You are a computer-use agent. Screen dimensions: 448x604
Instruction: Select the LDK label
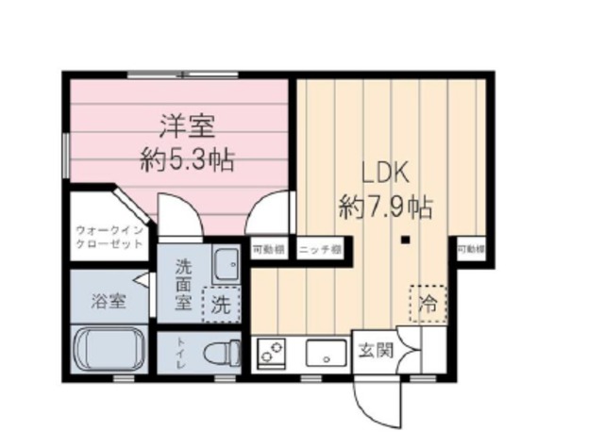385,175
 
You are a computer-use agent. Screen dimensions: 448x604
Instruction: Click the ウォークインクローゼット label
109,236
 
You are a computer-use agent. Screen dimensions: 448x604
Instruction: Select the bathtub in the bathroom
109,350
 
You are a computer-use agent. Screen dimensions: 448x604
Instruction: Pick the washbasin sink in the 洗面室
227,266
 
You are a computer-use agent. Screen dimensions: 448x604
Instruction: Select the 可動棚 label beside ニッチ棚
270,249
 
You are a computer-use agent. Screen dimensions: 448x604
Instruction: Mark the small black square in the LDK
404,239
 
